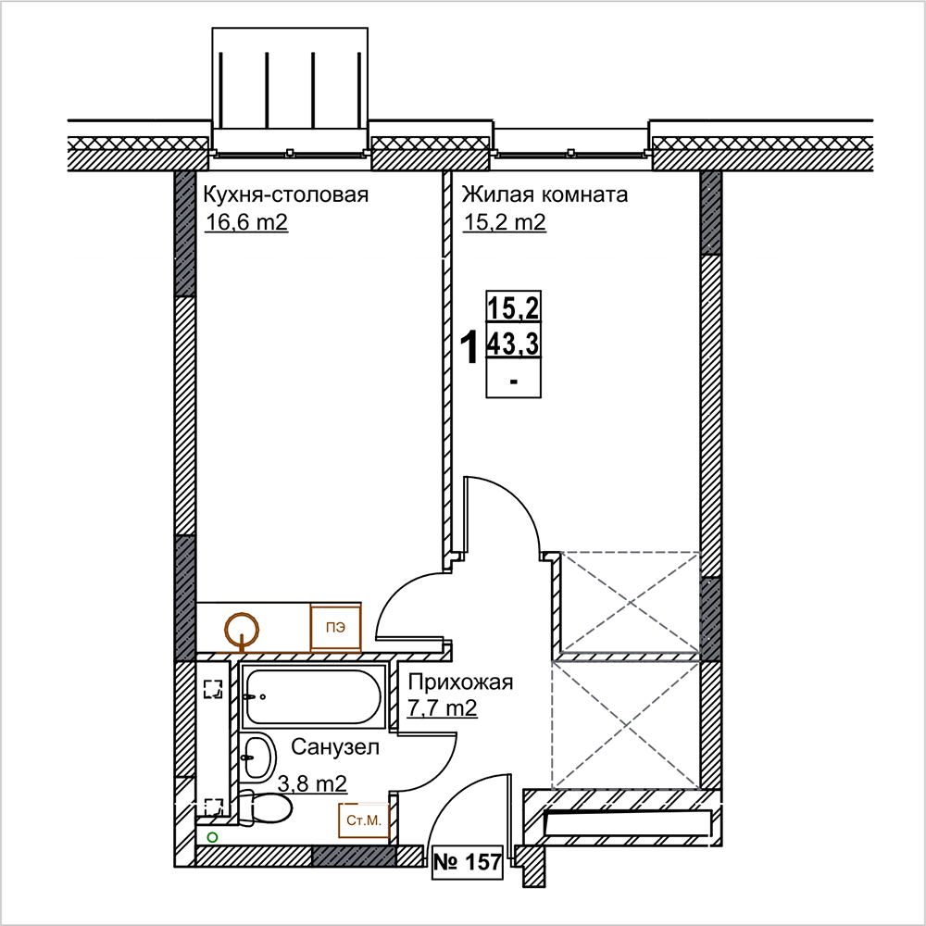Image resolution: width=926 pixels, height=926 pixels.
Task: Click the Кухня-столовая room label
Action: tap(286, 194)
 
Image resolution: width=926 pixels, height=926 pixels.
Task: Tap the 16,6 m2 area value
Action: tap(246, 222)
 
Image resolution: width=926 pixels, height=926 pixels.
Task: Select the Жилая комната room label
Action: tap(544, 194)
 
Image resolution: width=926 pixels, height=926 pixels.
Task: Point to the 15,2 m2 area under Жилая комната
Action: tap(505, 222)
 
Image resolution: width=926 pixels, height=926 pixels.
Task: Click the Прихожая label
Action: tap(460, 682)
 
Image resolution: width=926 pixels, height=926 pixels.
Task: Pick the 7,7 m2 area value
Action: tap(443, 707)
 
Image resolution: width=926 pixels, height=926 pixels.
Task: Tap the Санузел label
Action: tap(335, 747)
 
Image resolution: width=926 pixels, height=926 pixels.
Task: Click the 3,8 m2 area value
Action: tap(312, 783)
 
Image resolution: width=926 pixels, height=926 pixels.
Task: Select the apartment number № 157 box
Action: tap(468, 863)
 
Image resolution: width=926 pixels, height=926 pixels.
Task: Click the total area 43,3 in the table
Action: tap(513, 344)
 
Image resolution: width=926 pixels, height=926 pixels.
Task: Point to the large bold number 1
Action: tap(469, 348)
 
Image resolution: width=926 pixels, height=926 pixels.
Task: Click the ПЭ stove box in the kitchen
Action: tap(336, 627)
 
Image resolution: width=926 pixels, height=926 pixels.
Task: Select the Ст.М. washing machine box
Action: tap(364, 820)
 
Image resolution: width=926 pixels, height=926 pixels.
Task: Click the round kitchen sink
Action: tap(242, 630)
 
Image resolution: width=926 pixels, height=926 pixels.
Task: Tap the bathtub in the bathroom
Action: tap(314, 697)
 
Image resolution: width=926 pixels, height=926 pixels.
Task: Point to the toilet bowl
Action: tap(267, 807)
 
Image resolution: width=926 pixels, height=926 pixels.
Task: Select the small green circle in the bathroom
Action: tap(212, 837)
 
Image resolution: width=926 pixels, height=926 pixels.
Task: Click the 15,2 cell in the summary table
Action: tap(513, 307)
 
